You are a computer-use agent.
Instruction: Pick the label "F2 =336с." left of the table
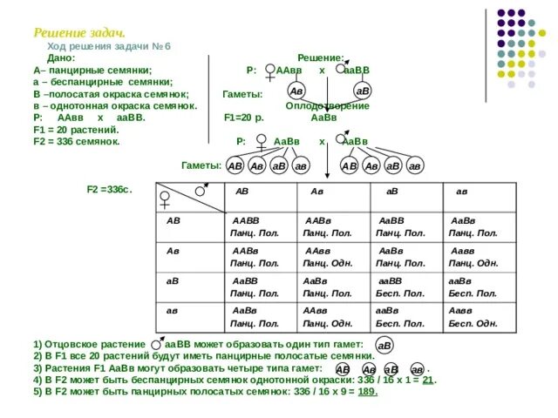pos(109,189)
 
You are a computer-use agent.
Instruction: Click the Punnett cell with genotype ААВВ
pos(249,227)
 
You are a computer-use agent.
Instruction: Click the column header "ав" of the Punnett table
pos(461,192)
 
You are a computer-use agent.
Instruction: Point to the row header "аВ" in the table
pos(174,280)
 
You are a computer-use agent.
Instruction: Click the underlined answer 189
pos(367,392)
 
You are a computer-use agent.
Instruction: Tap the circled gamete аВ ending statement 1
pos(384,346)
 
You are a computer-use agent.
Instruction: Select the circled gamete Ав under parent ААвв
pos(296,91)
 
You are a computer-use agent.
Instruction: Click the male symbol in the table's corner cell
pos(201,190)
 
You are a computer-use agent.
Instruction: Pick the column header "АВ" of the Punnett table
pos(242,192)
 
